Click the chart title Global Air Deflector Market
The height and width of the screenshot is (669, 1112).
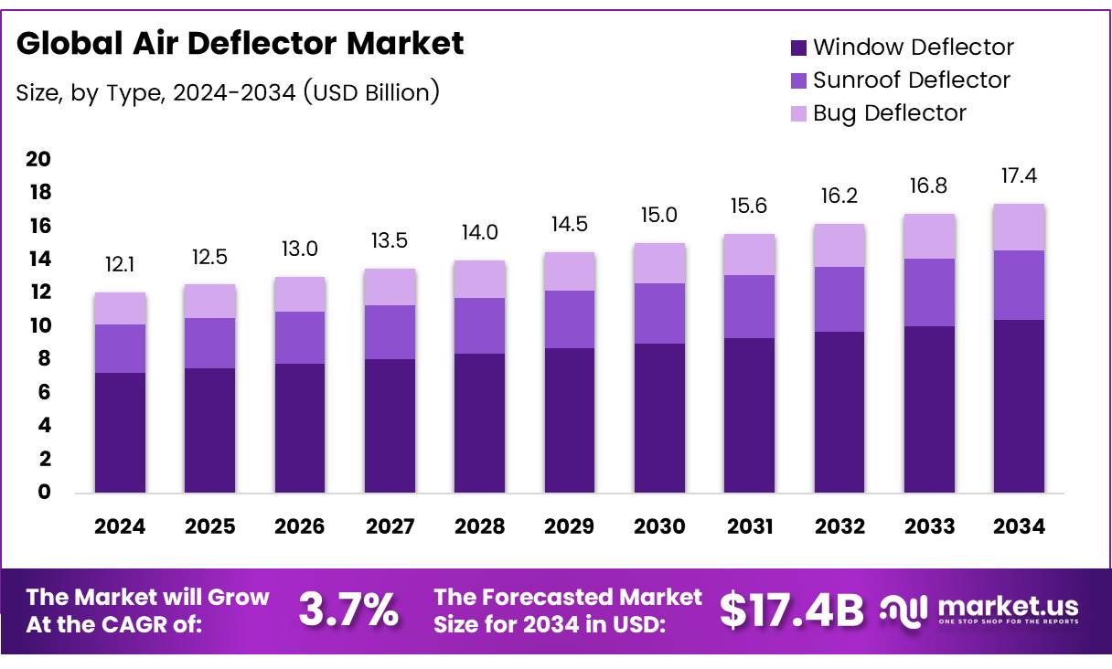(x=241, y=43)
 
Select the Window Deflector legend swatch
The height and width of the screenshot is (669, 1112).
(x=798, y=48)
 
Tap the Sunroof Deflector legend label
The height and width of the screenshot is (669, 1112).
(x=911, y=80)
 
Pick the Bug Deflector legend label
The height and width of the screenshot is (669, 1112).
(x=889, y=113)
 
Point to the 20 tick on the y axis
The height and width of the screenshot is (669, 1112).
(x=38, y=159)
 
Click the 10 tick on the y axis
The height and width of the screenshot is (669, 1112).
(x=38, y=326)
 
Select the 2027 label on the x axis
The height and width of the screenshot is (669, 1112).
(x=390, y=526)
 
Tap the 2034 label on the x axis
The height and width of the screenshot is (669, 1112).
(x=1020, y=526)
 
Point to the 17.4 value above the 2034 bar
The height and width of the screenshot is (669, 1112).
(x=1020, y=175)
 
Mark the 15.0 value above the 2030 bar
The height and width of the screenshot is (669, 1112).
(x=659, y=215)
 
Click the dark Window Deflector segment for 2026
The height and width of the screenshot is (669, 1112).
(x=300, y=428)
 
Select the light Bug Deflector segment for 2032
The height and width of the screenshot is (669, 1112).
(x=839, y=245)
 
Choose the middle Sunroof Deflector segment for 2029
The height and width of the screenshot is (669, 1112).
(x=570, y=319)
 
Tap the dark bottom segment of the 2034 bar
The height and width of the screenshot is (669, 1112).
(x=1020, y=406)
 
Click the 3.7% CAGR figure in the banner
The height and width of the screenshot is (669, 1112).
(x=348, y=610)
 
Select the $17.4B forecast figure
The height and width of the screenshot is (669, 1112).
(x=791, y=610)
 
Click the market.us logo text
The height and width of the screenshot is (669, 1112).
(x=1006, y=606)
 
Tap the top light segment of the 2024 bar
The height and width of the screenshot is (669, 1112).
(x=120, y=308)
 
